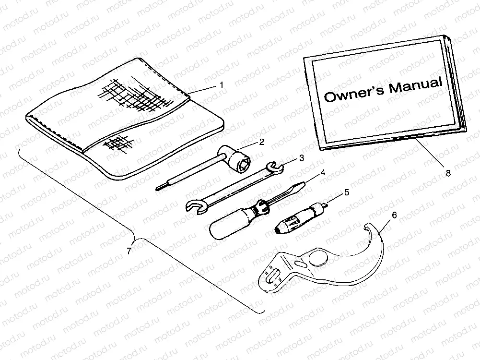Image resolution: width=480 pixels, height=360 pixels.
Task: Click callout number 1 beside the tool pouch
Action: point(222,85)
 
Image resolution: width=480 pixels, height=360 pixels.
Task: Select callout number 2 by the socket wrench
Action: point(261,142)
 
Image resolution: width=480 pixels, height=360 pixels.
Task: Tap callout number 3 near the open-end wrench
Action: point(301,157)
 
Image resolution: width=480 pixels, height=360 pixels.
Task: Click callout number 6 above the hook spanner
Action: point(395,216)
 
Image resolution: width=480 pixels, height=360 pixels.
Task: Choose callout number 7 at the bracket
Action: point(128,251)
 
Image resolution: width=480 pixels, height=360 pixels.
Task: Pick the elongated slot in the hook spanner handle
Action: point(271,277)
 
